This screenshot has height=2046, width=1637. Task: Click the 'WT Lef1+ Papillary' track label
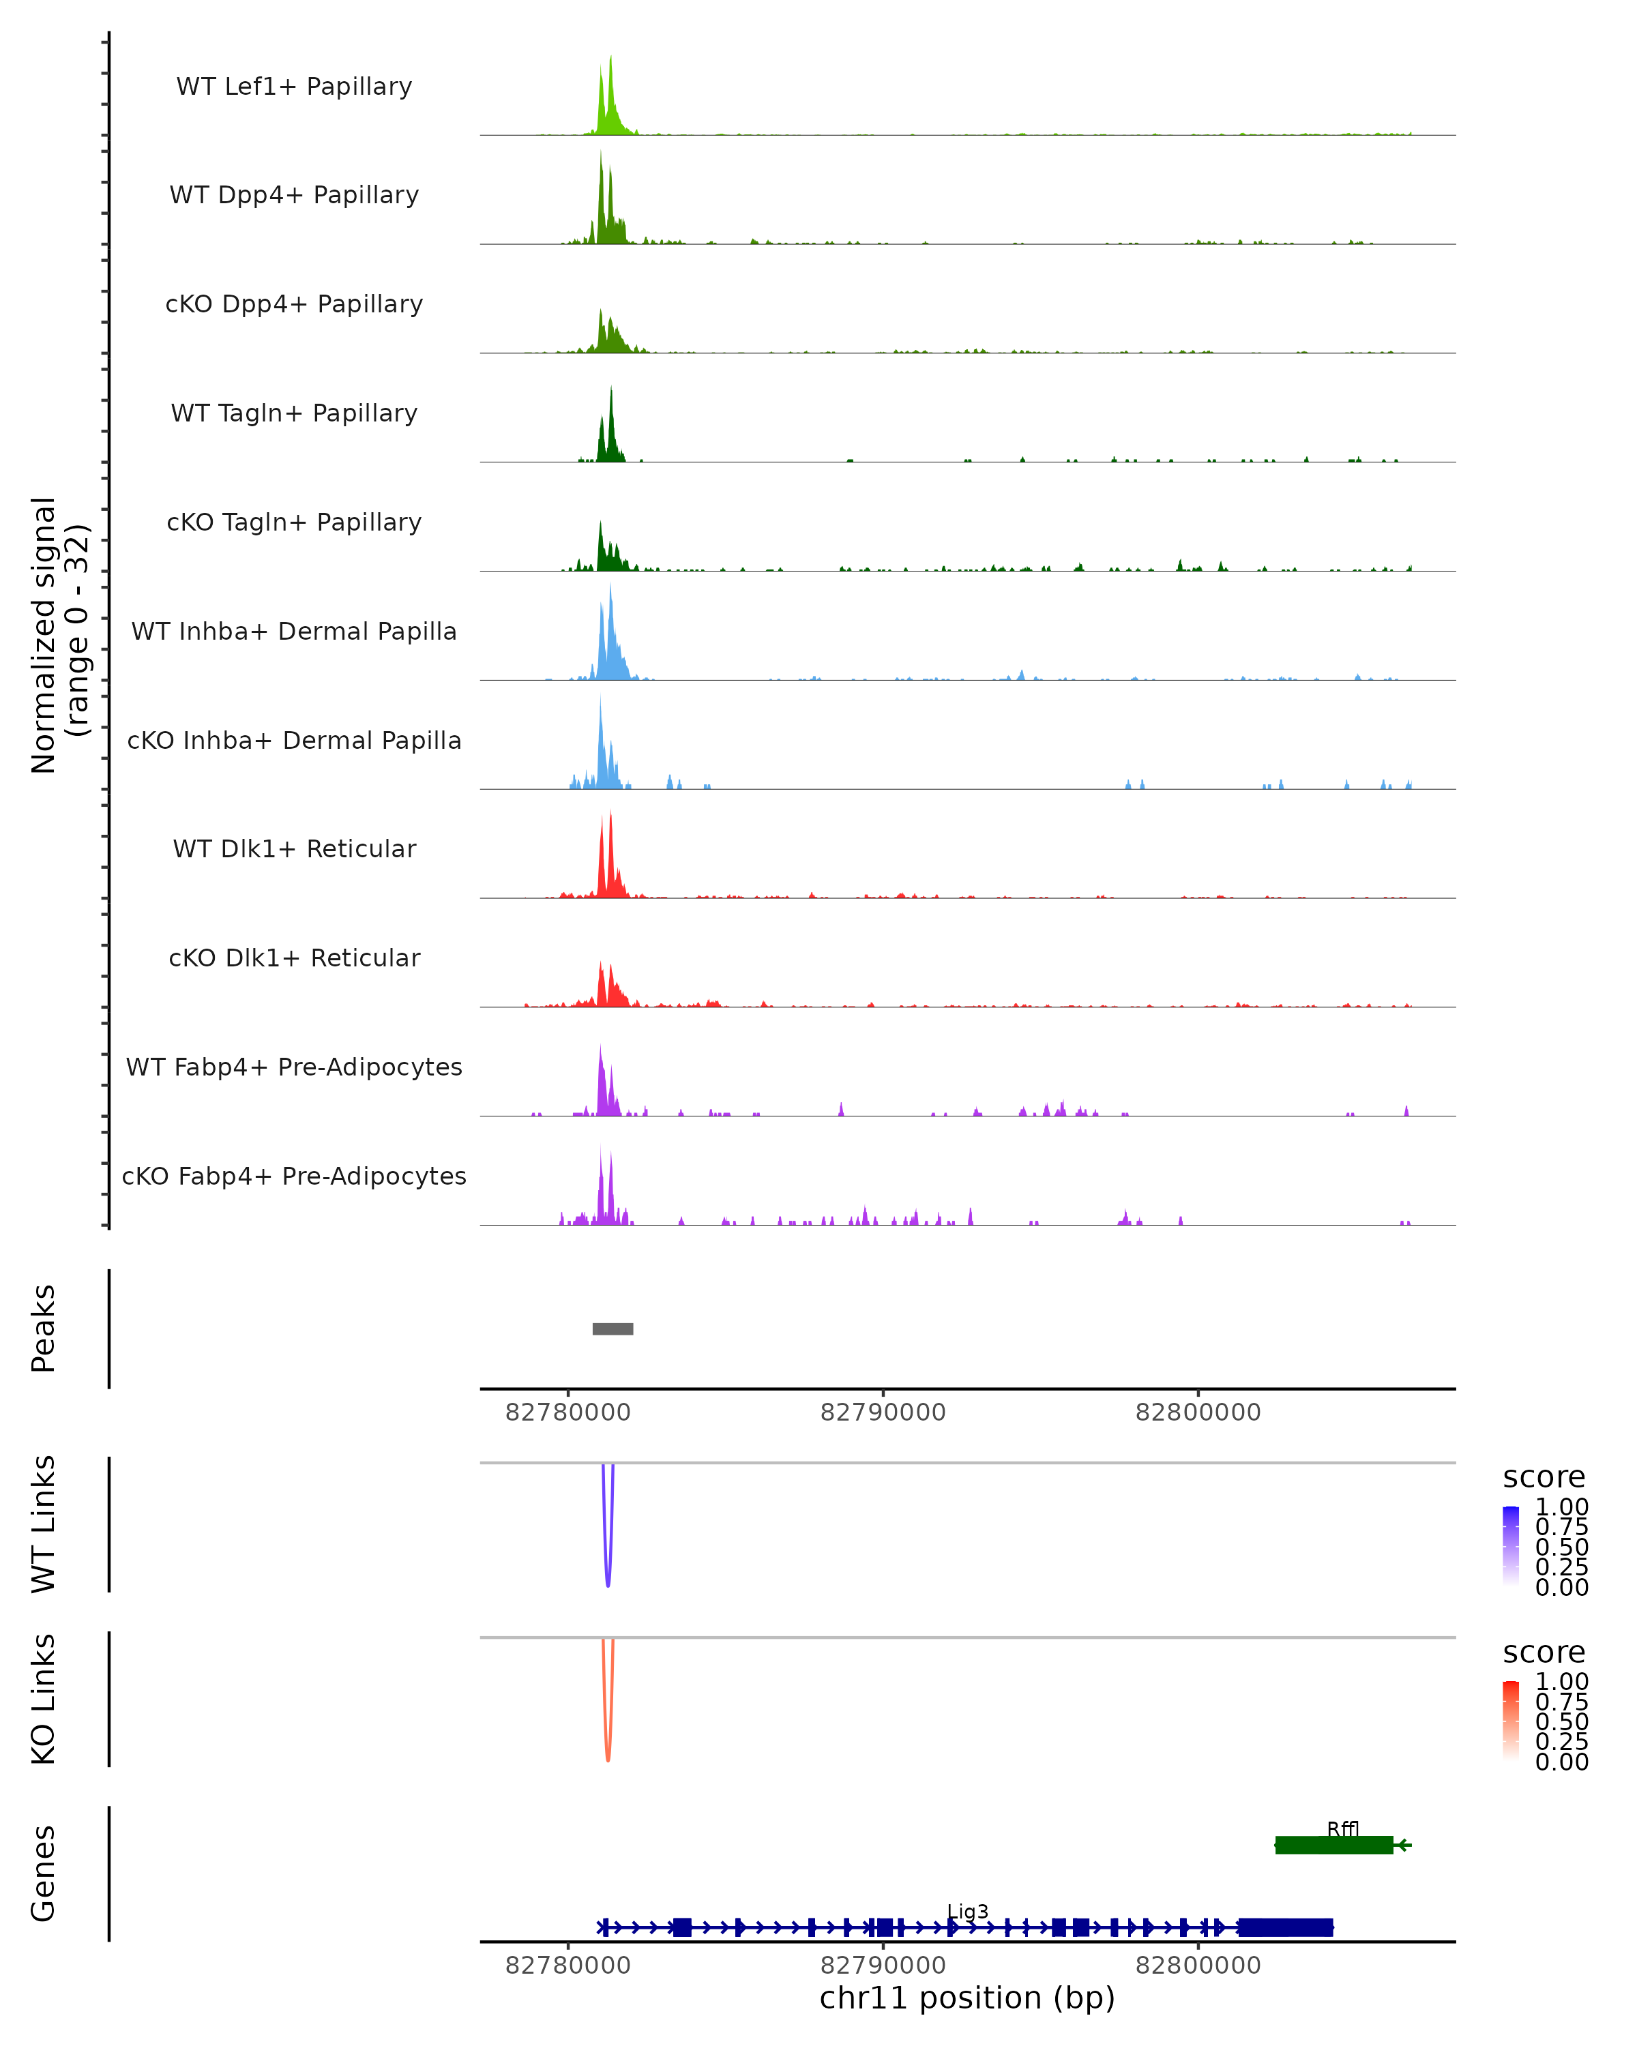[294, 87]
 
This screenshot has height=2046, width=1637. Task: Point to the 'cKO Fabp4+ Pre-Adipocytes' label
[294, 1176]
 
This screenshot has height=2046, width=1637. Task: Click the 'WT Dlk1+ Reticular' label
[294, 848]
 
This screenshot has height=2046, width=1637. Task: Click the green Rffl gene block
[1333, 1845]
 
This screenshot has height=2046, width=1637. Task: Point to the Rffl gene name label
[1343, 1828]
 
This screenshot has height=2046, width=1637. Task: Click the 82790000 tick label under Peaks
[883, 1412]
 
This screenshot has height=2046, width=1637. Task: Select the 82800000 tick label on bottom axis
[1198, 1966]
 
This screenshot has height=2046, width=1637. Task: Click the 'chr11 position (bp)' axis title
[967, 1998]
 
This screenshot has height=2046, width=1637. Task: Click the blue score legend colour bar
[1511, 1546]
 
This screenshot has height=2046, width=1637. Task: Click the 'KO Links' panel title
[44, 1699]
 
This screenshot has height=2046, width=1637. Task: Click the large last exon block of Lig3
[1285, 1927]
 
